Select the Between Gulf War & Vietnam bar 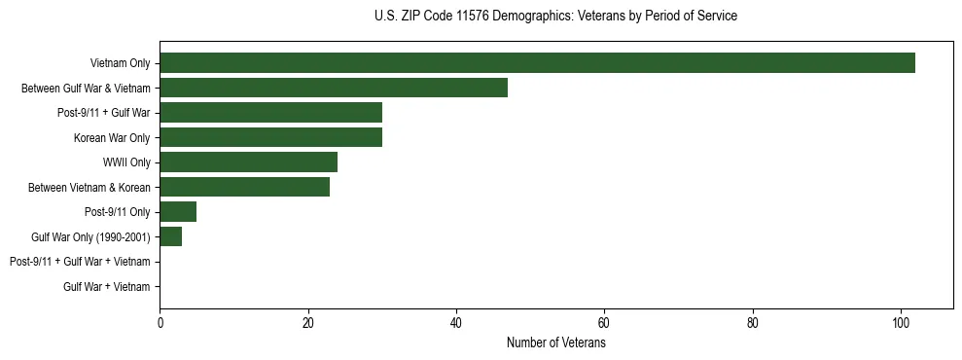click(334, 88)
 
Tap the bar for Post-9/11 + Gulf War click(270, 113)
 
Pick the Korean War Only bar click(270, 137)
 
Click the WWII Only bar click(248, 162)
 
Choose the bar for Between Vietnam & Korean click(244, 187)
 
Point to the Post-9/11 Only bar click(178, 212)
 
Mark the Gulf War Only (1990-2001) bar click(170, 236)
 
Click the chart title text click(555, 17)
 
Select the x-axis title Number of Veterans click(555, 342)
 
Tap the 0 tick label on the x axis click(160, 323)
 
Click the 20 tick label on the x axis click(308, 323)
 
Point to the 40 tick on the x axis click(456, 323)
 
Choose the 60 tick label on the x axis click(604, 323)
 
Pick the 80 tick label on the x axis click(753, 323)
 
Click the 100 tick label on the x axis click(901, 323)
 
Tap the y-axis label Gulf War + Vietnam click(106, 287)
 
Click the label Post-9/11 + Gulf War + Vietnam click(80, 262)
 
